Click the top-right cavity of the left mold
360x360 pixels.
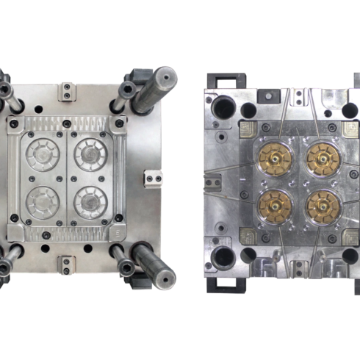(92, 154)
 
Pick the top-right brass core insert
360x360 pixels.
(320, 155)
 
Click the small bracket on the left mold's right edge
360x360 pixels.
(153, 176)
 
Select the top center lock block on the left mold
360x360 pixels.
(68, 93)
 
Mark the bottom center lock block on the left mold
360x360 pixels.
(68, 261)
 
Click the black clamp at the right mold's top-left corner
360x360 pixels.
(224, 79)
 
